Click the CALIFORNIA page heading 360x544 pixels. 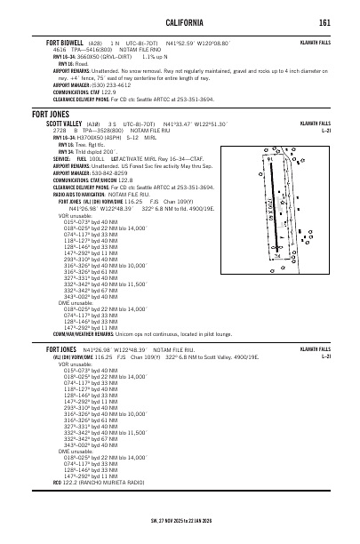(180, 22)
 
